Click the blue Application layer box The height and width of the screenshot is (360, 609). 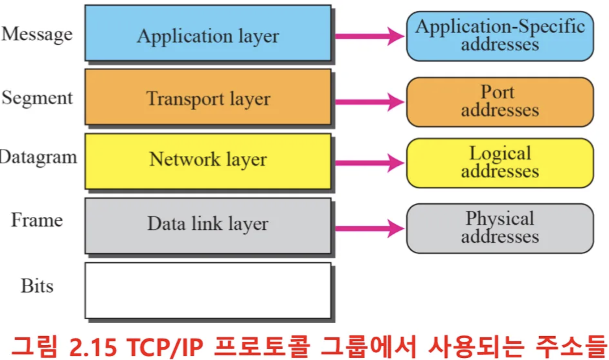pos(208,33)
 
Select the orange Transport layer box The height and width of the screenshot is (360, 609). pos(208,97)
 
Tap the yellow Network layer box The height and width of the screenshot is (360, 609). pos(208,161)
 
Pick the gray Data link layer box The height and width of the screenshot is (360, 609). pos(208,225)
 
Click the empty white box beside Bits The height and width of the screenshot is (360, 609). pos(208,290)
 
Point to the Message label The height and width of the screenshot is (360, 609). pos(37,35)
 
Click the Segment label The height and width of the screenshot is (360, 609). pos(37,98)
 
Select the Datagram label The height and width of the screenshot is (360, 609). pos(38,158)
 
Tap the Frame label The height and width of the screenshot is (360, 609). pos(37,220)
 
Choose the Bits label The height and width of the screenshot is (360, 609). pos(37,286)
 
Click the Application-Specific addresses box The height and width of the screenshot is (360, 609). pos(500,36)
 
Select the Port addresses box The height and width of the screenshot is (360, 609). pos(500,102)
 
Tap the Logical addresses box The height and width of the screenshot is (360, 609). pos(500,163)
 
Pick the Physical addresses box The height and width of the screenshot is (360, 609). pos(500,228)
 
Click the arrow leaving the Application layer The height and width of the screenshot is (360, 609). pos(369,36)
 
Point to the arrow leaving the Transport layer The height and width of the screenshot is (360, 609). pos(369,102)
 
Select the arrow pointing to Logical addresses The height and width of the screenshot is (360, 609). pos(369,163)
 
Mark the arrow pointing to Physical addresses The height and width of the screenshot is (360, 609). pos(369,228)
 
